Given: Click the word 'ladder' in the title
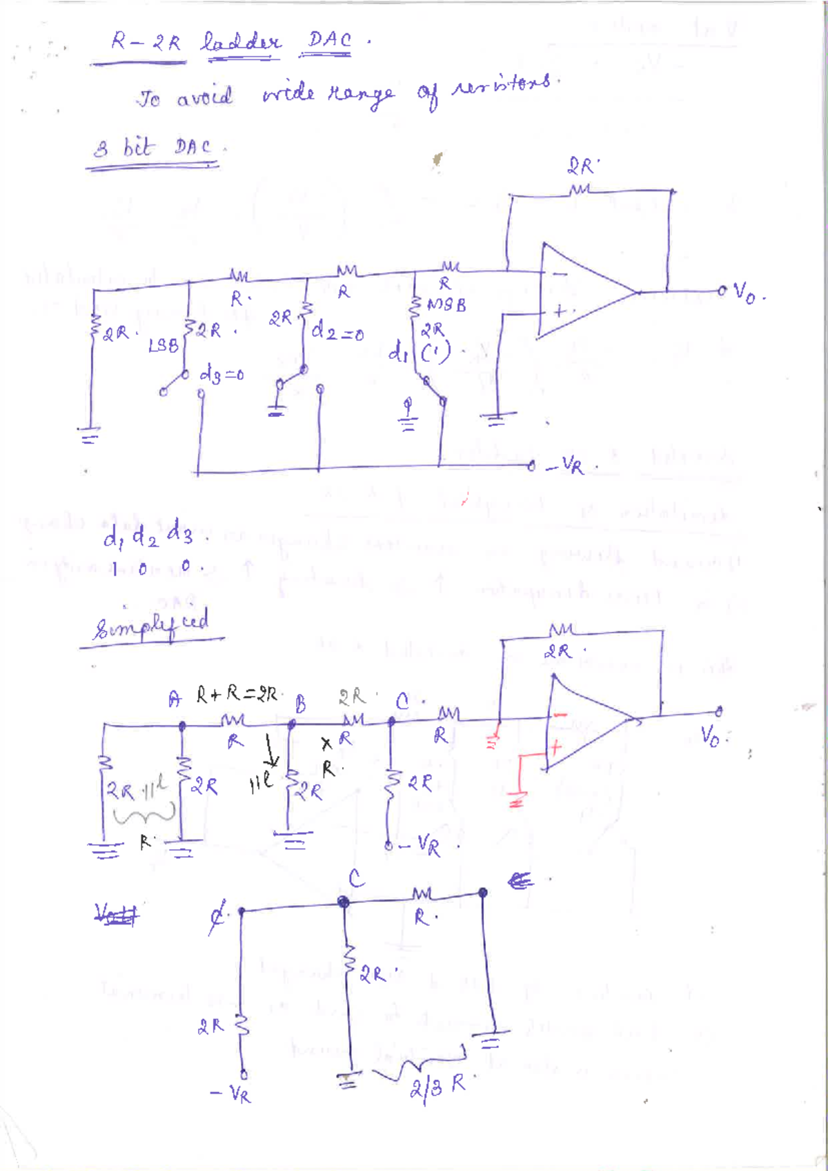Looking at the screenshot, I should (x=240, y=43).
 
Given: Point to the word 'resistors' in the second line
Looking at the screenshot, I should (x=502, y=86).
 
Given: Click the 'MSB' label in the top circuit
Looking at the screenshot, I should (x=446, y=304).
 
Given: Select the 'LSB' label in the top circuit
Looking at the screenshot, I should (x=163, y=345).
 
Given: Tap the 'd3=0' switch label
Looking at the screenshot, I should (x=221, y=375).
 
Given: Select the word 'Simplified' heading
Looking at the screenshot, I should (x=151, y=626).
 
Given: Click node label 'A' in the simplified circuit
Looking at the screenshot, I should (x=175, y=699).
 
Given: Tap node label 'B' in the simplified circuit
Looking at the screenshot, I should (x=301, y=704).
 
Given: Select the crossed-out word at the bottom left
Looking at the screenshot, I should (x=116, y=914).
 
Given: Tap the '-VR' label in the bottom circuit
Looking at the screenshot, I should (x=230, y=1093).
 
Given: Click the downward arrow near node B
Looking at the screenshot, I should (x=271, y=751).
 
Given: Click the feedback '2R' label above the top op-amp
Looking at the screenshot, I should (x=581, y=166).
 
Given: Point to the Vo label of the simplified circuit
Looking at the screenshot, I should (x=711, y=735).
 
